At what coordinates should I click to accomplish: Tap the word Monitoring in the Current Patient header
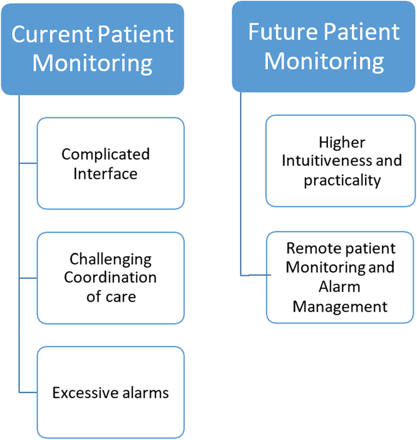(x=92, y=63)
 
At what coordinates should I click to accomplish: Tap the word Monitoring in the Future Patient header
(x=324, y=61)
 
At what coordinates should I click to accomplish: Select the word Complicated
(x=106, y=154)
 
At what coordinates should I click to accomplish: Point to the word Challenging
(x=110, y=259)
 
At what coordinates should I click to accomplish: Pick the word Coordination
(x=110, y=278)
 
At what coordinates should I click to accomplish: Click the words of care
(x=111, y=296)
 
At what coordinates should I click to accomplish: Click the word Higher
(x=342, y=141)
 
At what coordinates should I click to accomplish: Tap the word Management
(x=340, y=306)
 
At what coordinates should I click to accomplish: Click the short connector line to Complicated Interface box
(x=28, y=163)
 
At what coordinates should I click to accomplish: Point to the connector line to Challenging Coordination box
(x=28, y=278)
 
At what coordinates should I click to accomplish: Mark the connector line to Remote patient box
(x=254, y=275)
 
